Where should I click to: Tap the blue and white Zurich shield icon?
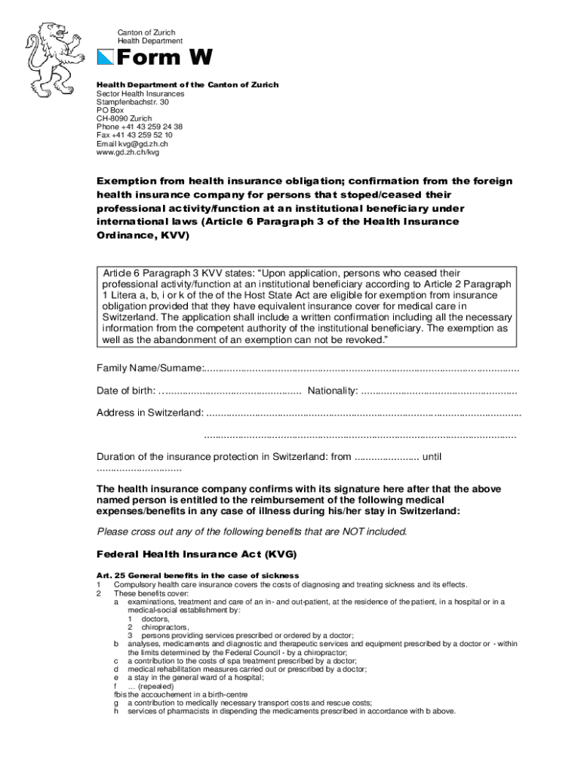tap(106, 58)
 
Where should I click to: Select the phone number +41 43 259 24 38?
tap(140, 127)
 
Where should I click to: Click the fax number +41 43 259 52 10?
tap(134, 135)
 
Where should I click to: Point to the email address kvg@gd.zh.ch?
tap(132, 143)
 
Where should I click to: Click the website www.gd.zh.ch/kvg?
tap(128, 152)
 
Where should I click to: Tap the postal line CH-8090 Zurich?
tap(124, 118)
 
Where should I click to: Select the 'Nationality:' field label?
tap(333, 391)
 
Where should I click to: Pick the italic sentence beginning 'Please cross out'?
tap(252, 532)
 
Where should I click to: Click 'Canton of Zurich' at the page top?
tap(146, 32)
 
